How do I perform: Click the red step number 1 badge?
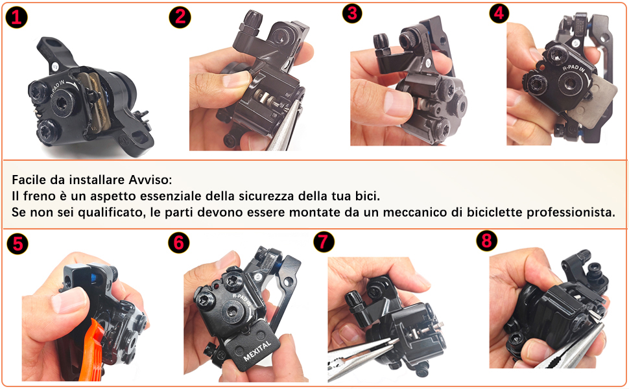16,18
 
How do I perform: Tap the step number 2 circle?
180,18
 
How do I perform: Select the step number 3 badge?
352,13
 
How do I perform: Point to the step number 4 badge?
499,13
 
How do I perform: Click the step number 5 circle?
18,243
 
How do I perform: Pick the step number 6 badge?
178,242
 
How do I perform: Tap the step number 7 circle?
324,242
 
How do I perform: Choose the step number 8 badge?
486,241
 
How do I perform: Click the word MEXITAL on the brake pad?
257,351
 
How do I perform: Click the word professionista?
571,213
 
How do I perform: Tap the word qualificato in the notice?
112,213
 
